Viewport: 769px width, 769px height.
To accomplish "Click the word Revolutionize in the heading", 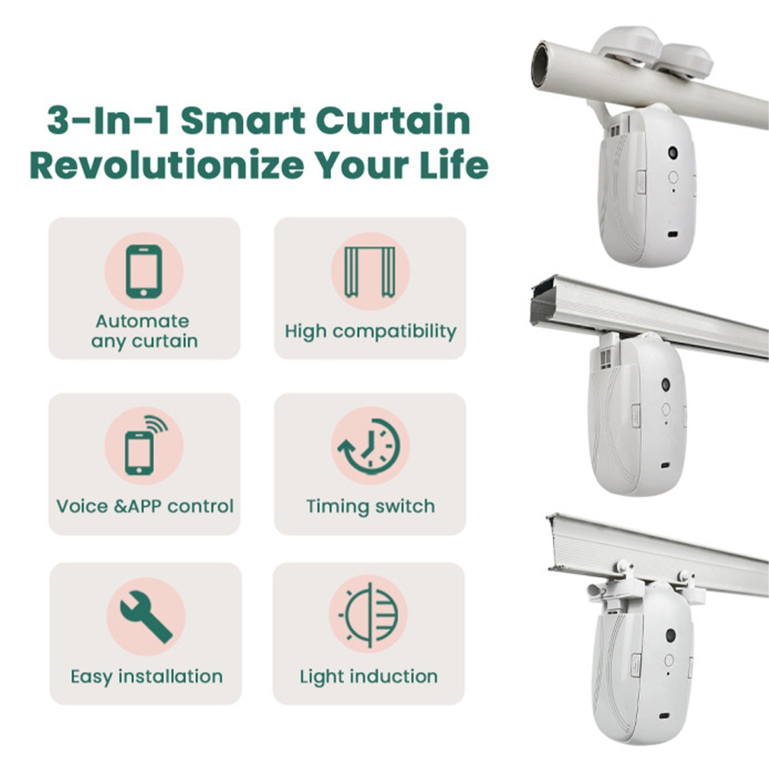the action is point(167,166).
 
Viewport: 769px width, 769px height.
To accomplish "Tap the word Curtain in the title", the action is point(393,121).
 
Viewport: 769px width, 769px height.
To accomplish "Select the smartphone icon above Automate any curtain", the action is point(144,271).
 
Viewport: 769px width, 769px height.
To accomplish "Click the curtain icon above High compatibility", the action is point(370,271).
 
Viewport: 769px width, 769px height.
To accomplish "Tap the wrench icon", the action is point(146,616).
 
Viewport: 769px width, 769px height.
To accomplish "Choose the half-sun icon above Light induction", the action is point(369,615).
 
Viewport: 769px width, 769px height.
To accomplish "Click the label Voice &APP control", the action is point(144,506).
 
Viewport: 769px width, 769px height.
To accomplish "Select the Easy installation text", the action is point(147,677).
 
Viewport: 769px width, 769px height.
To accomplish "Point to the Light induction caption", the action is point(369,677).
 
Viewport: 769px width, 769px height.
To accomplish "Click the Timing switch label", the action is point(370,506).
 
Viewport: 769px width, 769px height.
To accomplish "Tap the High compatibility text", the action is point(370,332).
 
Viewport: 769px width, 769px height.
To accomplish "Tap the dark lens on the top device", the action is point(673,153).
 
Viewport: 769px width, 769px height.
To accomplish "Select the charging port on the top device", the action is point(672,234).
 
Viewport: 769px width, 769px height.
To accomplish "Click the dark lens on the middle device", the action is point(666,384).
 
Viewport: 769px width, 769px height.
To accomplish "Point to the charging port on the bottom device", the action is point(665,716).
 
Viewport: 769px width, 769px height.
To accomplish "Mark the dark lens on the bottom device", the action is point(671,635).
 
